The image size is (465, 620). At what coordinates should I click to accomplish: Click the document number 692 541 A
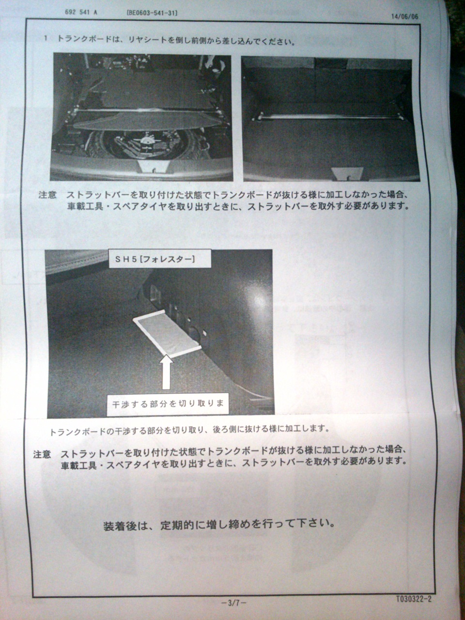point(81,13)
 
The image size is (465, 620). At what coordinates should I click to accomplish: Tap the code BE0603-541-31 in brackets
point(152,13)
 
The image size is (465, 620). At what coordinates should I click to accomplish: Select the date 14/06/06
point(404,16)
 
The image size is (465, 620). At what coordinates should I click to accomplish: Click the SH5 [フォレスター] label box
point(160,259)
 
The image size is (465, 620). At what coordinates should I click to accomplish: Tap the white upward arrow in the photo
point(166,372)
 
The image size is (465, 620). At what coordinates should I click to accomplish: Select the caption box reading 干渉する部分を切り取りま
point(168,403)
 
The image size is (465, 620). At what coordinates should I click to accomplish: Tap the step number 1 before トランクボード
point(46,38)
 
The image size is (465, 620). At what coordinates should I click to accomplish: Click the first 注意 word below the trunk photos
point(47,195)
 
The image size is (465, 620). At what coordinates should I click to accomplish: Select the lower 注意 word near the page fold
point(42,454)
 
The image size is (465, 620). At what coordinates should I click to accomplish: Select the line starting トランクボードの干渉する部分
point(189,430)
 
